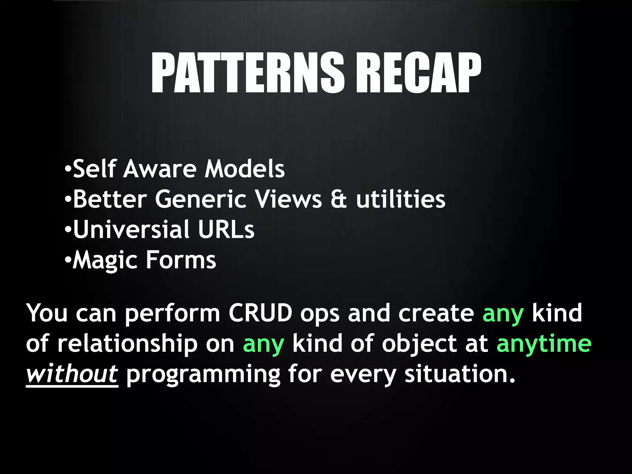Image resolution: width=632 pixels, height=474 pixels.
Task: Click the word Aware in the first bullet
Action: coord(160,169)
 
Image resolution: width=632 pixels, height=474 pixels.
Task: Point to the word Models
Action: coord(245,169)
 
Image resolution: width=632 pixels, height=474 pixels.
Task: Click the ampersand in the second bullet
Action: coord(339,199)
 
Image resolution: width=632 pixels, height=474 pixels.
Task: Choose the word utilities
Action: coord(401,199)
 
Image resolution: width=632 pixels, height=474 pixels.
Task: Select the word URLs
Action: coord(226,230)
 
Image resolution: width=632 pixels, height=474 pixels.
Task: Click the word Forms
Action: coord(181,260)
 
